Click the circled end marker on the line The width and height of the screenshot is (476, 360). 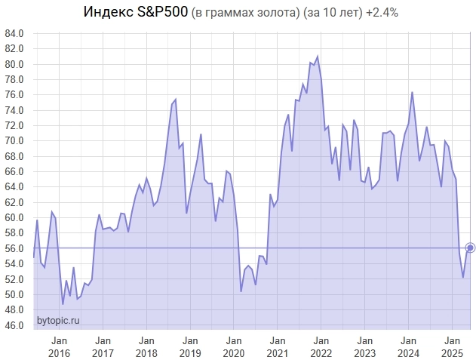tap(470, 248)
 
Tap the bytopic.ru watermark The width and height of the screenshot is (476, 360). tap(58, 321)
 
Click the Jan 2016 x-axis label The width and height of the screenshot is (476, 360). tap(59, 346)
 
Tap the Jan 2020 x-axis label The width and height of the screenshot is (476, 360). tap(234, 346)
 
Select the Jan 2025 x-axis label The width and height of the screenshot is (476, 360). tap(453, 346)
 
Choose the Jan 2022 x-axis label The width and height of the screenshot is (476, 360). tap(321, 346)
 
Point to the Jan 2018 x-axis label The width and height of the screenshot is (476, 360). tap(146, 346)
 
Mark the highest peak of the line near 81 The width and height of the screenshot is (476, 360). tap(317, 57)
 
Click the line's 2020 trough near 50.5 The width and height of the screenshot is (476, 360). tap(241, 291)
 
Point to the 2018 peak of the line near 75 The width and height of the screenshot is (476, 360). tap(175, 100)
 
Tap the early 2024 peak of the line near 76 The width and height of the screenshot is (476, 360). tap(412, 92)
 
